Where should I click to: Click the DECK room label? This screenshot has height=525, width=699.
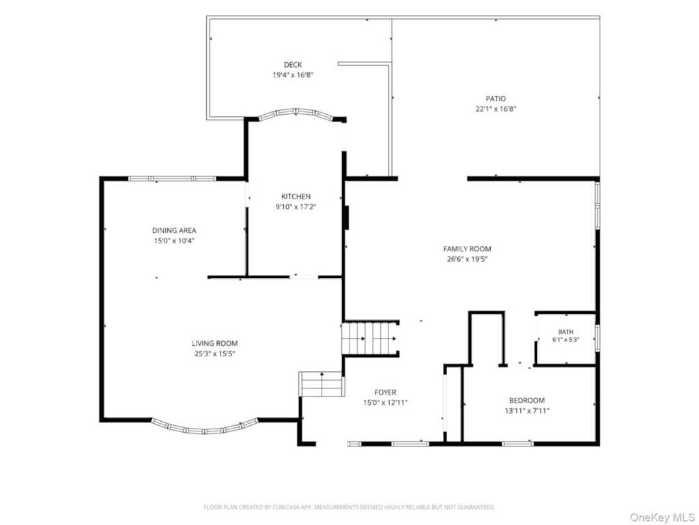[x=293, y=65]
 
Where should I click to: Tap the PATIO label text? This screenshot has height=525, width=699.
[x=496, y=98]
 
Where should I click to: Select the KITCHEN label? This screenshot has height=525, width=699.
[x=296, y=196]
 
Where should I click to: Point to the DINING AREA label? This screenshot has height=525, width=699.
[x=174, y=230]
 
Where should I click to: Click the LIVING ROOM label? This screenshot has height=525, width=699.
[x=214, y=343]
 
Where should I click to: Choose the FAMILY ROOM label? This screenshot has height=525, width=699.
[x=467, y=249]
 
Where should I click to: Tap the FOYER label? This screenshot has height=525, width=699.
[x=385, y=392]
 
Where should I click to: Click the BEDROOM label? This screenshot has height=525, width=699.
[x=527, y=401]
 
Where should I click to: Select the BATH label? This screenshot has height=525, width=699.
[x=566, y=332]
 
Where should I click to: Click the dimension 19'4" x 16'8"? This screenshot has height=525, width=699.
[x=293, y=75]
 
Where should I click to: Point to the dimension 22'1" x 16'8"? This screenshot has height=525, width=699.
[x=496, y=109]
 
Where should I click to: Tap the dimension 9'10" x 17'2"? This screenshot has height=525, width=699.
[x=296, y=206]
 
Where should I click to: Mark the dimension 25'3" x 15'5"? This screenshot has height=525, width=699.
[x=214, y=353]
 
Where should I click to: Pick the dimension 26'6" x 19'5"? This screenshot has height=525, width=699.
[x=467, y=259]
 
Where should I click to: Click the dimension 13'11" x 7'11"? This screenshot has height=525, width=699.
[x=527, y=411]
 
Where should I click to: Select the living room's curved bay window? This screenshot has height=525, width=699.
[x=205, y=430]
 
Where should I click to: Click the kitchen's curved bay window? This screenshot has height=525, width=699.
[x=296, y=111]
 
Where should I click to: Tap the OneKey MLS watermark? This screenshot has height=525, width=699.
[x=662, y=517]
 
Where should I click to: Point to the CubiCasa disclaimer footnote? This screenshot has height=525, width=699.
[x=349, y=507]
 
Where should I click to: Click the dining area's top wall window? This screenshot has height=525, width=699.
[x=172, y=178]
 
